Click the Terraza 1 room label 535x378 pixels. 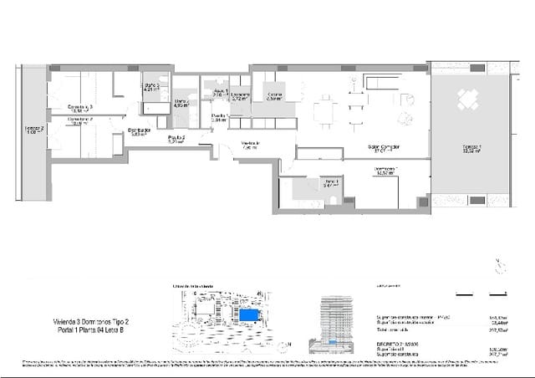(x=472, y=150)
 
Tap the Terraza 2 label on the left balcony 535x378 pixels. (x=34, y=130)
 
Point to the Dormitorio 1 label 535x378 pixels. (x=385, y=171)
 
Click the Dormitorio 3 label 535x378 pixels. (x=80, y=108)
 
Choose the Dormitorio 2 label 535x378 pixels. (x=80, y=121)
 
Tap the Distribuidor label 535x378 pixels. (x=139, y=131)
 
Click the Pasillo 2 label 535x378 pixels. (x=176, y=139)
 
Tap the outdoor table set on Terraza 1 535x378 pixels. (x=466, y=100)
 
